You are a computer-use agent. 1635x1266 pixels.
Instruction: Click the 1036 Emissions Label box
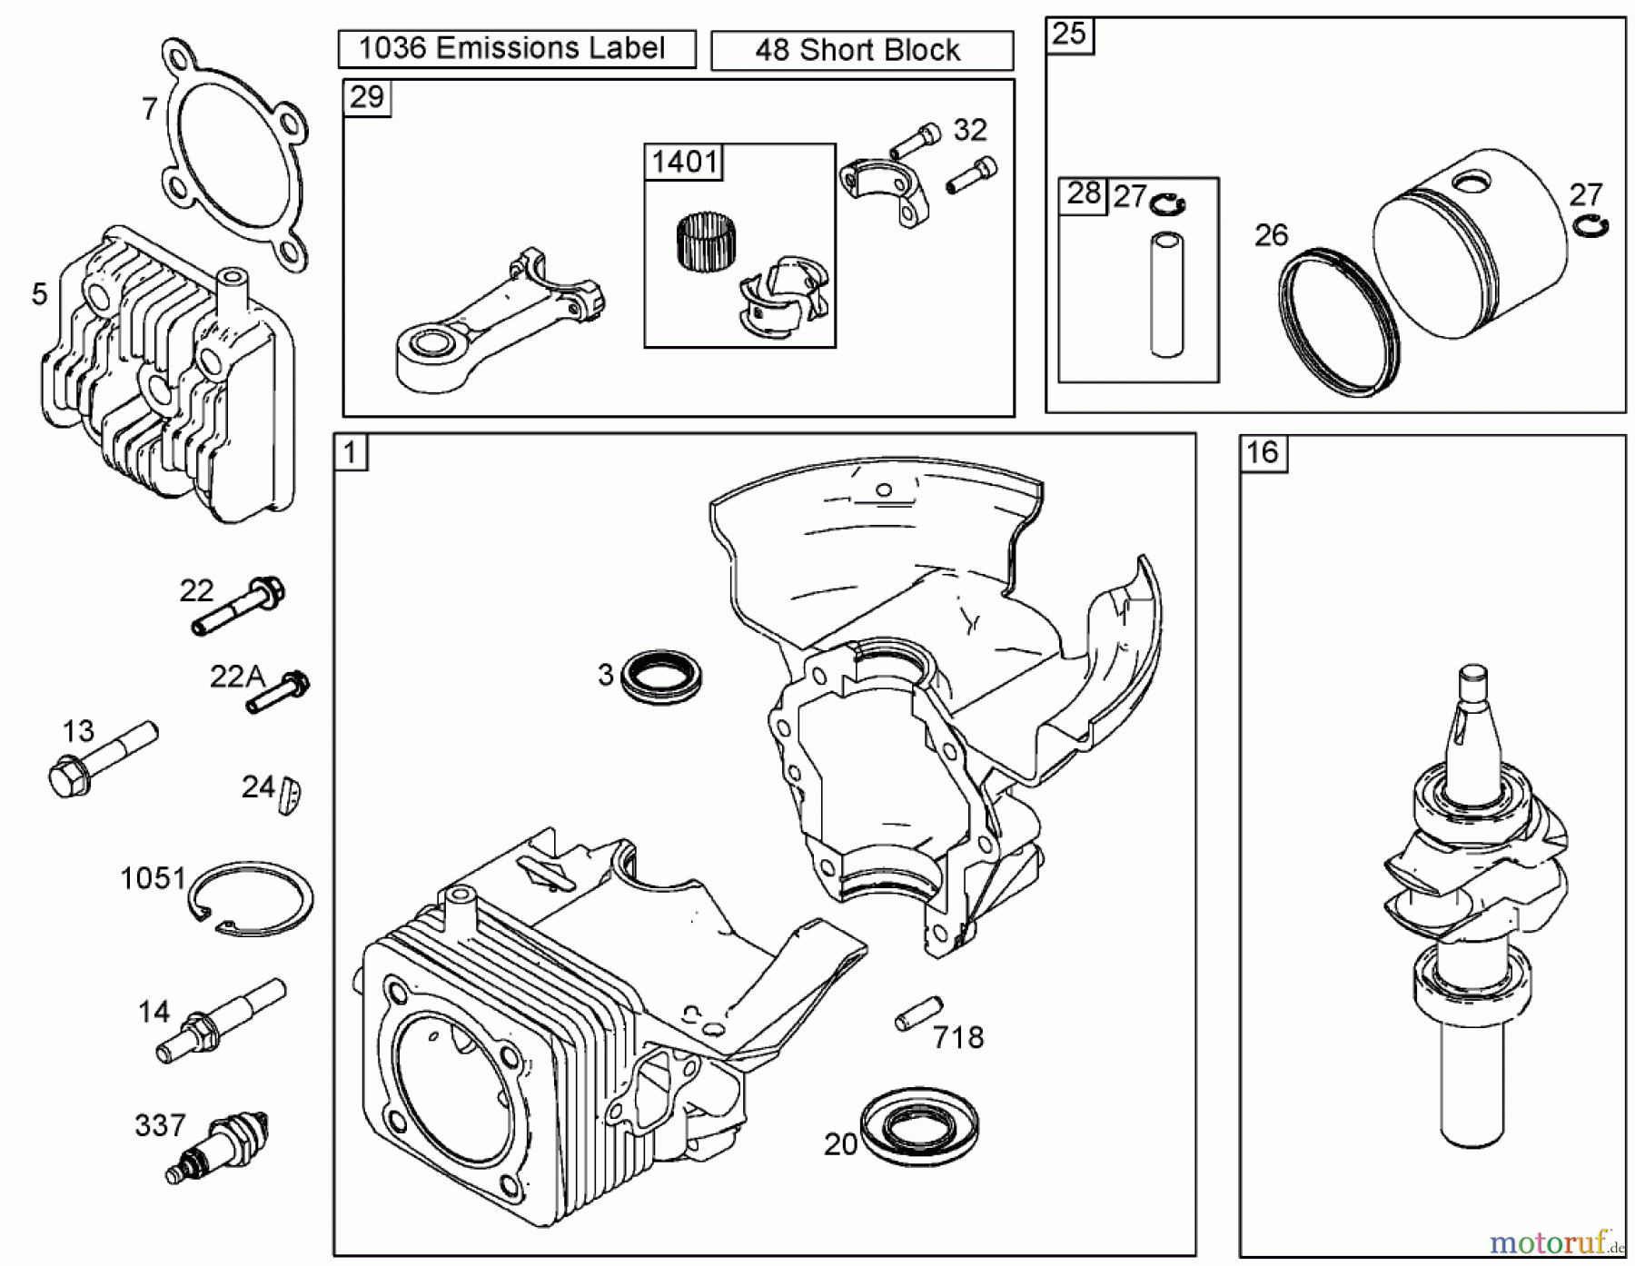[516, 49]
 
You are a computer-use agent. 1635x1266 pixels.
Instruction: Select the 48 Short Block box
[861, 51]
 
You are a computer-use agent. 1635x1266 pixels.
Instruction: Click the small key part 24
[292, 796]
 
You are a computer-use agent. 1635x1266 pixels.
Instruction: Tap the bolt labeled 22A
[278, 692]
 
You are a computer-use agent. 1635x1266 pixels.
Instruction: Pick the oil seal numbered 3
[661, 676]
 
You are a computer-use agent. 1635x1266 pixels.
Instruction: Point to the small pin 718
[918, 1014]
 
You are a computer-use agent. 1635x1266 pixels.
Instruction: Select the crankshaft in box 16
[1476, 899]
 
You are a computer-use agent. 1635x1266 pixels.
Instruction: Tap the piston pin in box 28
[1165, 295]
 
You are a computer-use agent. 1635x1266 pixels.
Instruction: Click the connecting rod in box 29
[495, 322]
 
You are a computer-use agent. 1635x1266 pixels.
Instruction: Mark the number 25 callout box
[1069, 35]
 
